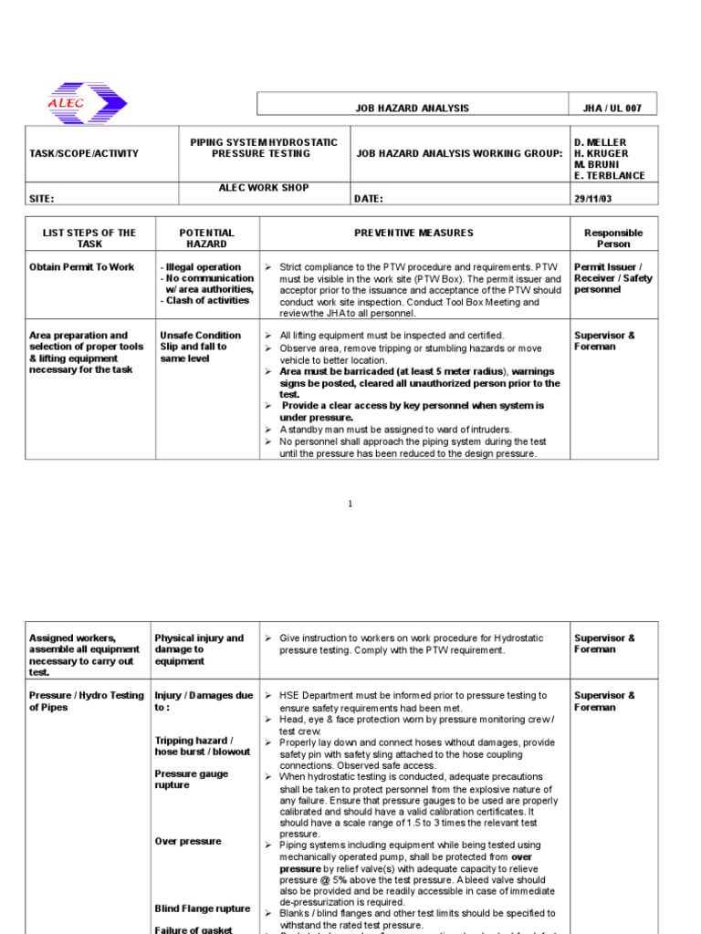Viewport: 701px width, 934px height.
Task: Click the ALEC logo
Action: tap(87, 103)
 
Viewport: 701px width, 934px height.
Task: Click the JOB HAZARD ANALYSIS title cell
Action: tap(412, 109)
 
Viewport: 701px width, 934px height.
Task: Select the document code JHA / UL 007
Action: tap(612, 109)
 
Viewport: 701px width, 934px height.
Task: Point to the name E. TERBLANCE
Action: tap(609, 175)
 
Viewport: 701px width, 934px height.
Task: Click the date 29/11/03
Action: tap(593, 198)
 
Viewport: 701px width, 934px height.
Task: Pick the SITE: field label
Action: tap(42, 198)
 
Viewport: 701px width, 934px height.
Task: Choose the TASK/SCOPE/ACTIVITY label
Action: tap(84, 153)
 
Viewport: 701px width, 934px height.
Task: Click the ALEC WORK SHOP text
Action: tap(263, 187)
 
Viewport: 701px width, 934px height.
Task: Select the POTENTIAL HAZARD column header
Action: tap(206, 238)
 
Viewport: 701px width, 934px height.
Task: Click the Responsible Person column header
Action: tap(612, 238)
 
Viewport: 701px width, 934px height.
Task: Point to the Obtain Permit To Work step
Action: tap(81, 267)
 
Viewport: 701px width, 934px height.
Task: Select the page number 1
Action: tap(350, 504)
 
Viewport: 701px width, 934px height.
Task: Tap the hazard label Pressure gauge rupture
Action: tap(191, 779)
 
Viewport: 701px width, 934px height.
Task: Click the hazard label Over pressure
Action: tap(187, 841)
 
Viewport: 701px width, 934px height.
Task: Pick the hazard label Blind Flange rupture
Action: tap(202, 908)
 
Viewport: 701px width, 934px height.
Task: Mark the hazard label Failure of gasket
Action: tap(194, 929)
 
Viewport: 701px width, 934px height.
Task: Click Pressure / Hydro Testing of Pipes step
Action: tap(86, 700)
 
